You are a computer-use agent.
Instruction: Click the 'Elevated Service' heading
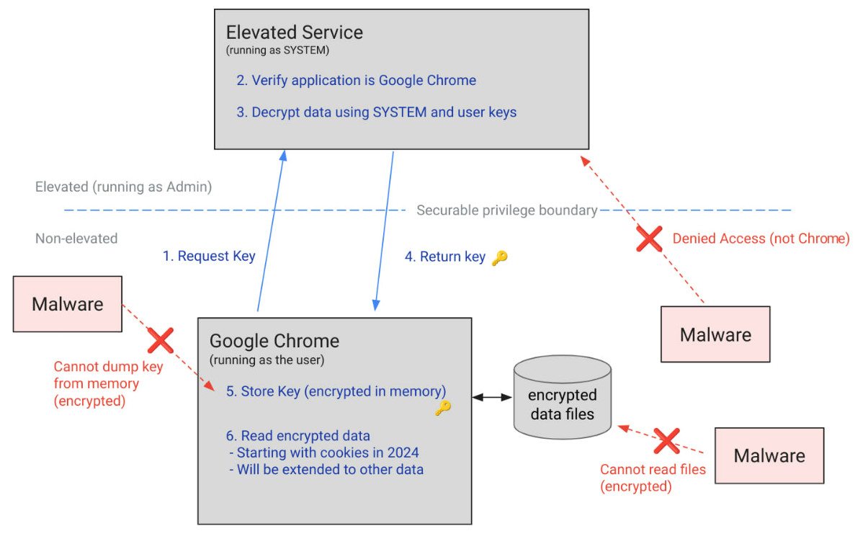click(x=294, y=32)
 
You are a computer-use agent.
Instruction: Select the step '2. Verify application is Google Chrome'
click(x=356, y=80)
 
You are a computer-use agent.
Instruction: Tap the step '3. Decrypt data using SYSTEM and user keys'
click(x=376, y=112)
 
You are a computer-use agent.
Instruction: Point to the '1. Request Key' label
click(x=209, y=256)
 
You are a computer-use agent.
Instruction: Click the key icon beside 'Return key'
click(x=499, y=258)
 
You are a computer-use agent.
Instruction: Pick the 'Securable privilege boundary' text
click(x=506, y=210)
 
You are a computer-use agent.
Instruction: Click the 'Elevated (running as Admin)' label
click(x=123, y=187)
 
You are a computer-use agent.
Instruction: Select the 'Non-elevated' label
click(x=76, y=238)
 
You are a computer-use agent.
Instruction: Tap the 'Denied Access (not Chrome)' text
click(x=761, y=239)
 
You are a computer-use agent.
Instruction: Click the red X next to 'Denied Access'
click(x=649, y=239)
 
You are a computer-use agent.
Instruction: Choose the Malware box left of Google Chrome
click(x=67, y=304)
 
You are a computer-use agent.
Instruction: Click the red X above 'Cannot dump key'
click(x=160, y=339)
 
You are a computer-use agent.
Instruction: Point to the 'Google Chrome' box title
click(x=274, y=341)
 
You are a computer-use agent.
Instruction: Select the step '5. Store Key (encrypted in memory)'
click(x=336, y=391)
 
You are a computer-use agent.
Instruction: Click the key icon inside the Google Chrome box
click(x=442, y=409)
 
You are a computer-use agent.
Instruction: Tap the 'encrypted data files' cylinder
click(x=562, y=398)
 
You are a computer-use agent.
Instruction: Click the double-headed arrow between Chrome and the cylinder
click(x=493, y=397)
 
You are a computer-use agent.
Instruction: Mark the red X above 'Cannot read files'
click(x=666, y=440)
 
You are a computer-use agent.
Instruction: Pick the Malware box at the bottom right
click(x=769, y=455)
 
